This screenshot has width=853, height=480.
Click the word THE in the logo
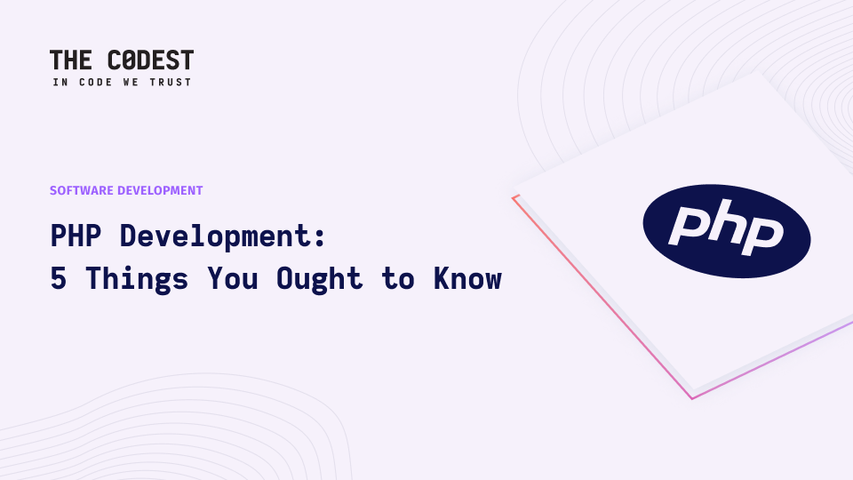(x=71, y=60)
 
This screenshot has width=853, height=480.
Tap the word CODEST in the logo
(x=151, y=60)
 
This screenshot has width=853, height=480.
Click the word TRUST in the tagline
(x=171, y=82)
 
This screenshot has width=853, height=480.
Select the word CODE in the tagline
(x=96, y=82)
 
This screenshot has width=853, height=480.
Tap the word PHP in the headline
(x=76, y=236)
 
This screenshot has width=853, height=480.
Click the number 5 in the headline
(x=59, y=278)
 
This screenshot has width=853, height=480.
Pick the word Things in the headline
(x=137, y=280)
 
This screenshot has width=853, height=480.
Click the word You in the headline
(x=232, y=278)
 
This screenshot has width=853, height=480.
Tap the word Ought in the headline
(x=319, y=280)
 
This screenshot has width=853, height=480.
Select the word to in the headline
(x=398, y=278)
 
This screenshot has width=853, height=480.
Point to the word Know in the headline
(x=467, y=278)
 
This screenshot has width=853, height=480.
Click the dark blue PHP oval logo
(x=727, y=231)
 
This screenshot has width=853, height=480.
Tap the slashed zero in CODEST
(x=128, y=60)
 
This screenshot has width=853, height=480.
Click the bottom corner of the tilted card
(x=692, y=398)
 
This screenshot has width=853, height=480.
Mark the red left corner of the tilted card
(x=513, y=197)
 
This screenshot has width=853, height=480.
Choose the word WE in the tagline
(x=132, y=82)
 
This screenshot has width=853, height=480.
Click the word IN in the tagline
(x=60, y=82)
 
